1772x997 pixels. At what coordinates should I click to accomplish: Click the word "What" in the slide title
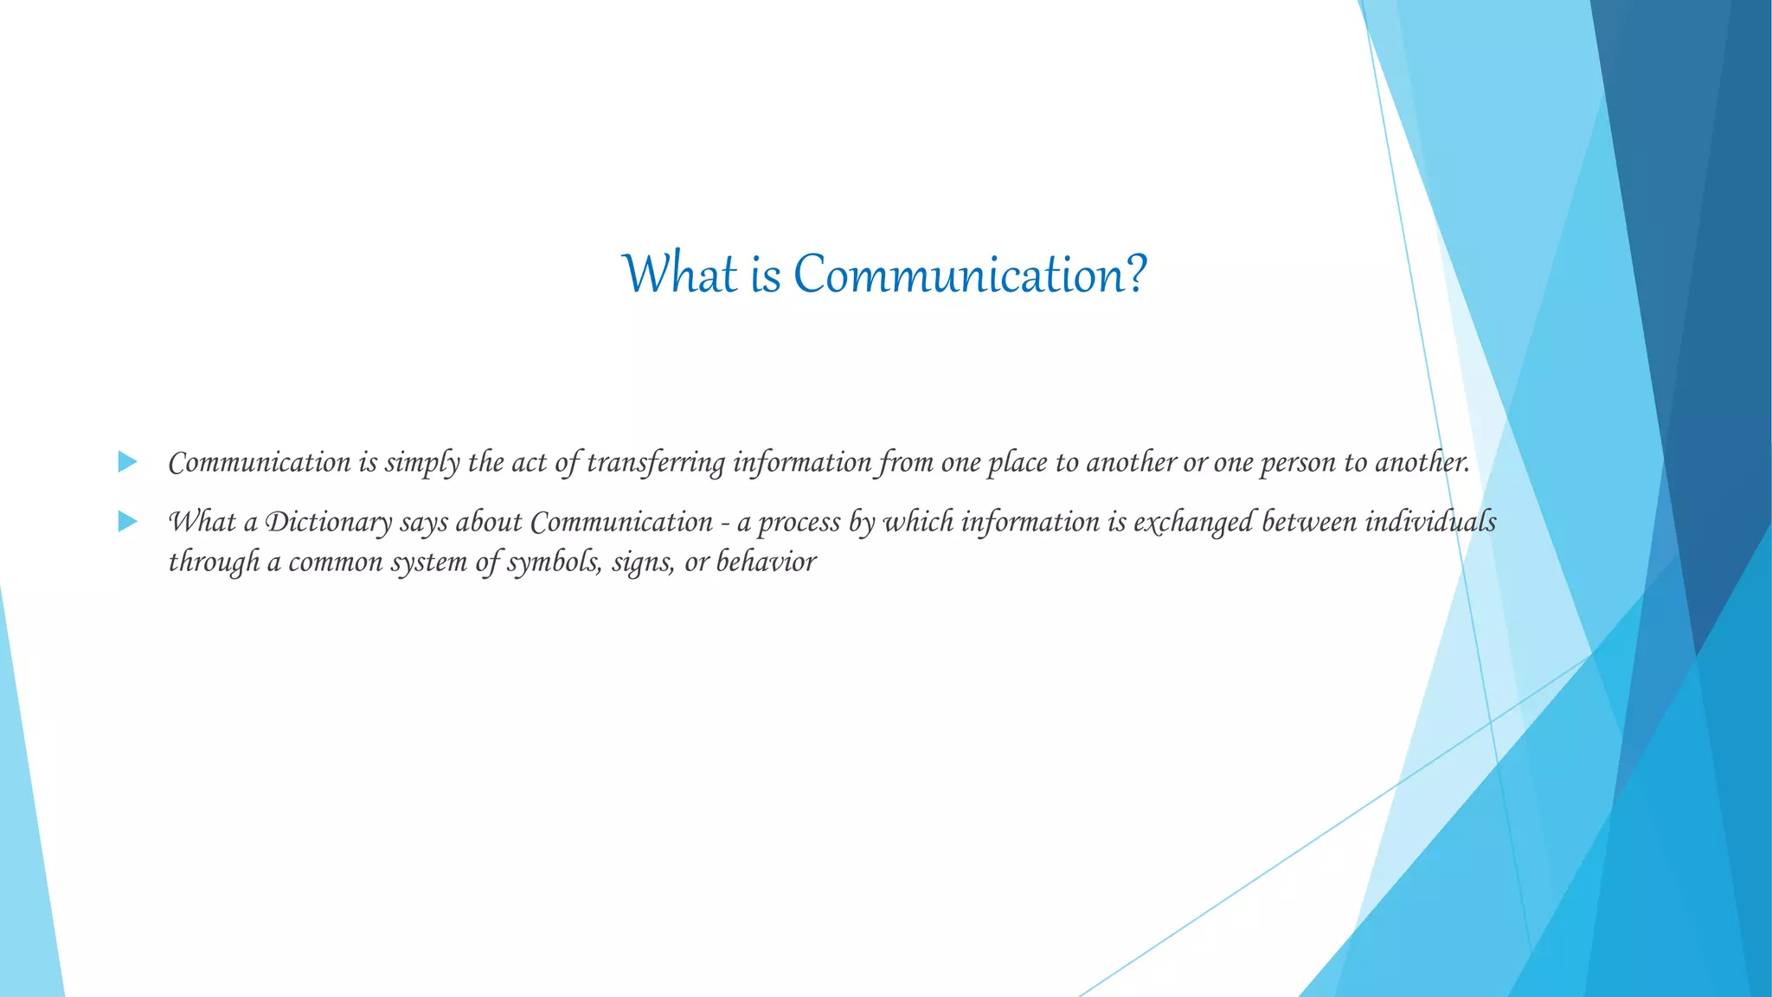pyautogui.click(x=680, y=274)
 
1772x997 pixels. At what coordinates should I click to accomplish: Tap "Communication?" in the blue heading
pyautogui.click(x=970, y=274)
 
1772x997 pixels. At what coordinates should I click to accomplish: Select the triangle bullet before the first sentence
pyautogui.click(x=127, y=462)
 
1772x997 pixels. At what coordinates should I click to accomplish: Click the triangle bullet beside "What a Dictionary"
pyautogui.click(x=127, y=522)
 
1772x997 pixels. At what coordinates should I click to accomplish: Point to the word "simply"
pyautogui.click(x=422, y=463)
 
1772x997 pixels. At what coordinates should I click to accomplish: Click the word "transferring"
pyautogui.click(x=656, y=463)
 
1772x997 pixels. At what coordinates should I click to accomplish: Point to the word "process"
pyautogui.click(x=802, y=523)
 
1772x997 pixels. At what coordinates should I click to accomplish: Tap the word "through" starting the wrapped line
pyautogui.click(x=214, y=563)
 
